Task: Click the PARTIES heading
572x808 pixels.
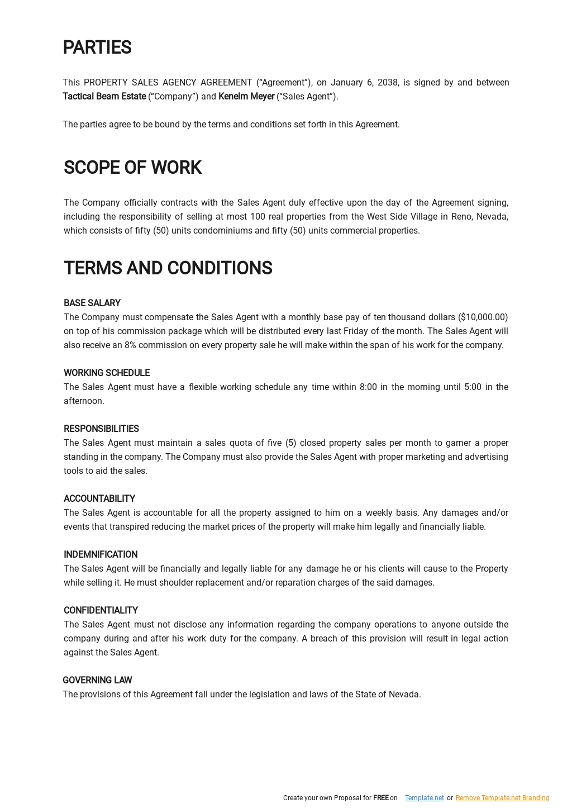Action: (97, 48)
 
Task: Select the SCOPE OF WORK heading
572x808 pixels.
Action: (132, 168)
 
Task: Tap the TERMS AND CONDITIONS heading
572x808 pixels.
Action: (168, 268)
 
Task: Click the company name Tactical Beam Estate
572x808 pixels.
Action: (104, 97)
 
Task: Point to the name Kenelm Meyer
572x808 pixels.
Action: (246, 97)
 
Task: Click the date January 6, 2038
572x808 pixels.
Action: (364, 83)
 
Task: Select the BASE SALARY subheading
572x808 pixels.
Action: (92, 303)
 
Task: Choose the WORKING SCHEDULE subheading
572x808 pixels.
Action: (107, 373)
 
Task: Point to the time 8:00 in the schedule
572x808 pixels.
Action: (368, 387)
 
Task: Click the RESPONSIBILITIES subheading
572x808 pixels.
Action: (101, 429)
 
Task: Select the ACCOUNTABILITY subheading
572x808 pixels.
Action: (99, 499)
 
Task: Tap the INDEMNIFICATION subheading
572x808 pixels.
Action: (101, 555)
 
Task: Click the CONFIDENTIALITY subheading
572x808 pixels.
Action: (101, 611)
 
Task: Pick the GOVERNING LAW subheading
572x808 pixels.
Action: (97, 681)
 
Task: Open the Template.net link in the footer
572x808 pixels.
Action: (424, 798)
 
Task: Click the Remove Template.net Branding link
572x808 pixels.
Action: (502, 798)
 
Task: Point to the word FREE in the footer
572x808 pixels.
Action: (380, 798)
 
